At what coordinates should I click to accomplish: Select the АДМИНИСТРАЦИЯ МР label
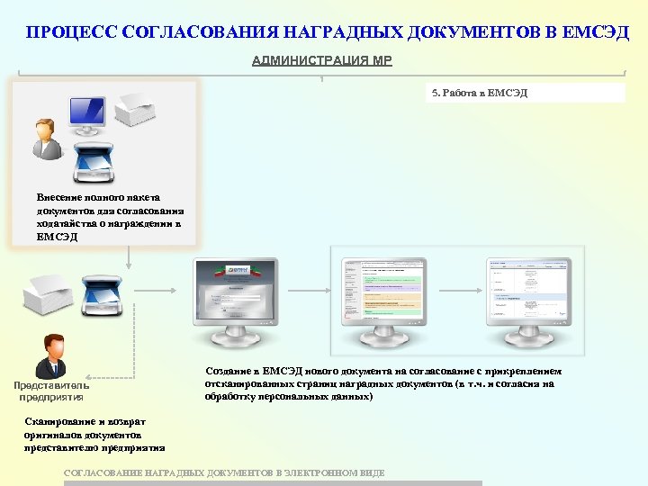(321, 61)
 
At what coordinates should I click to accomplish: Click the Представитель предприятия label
(51, 391)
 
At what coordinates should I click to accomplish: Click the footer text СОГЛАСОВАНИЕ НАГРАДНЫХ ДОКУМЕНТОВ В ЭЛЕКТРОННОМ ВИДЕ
(225, 472)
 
